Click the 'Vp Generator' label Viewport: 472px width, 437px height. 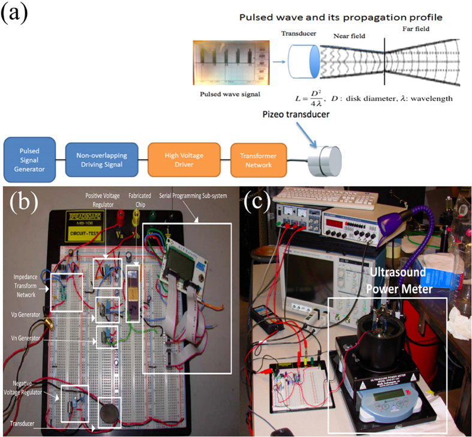click(x=28, y=313)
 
